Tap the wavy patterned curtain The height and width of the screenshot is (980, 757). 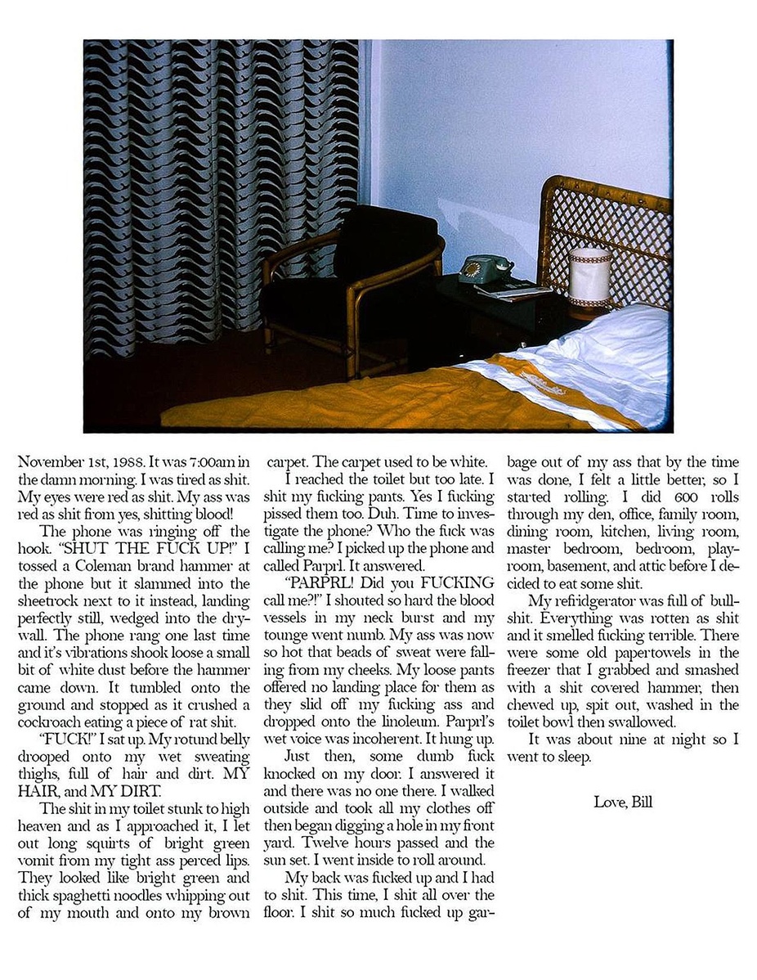tap(221, 188)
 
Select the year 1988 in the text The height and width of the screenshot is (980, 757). tap(128, 461)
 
